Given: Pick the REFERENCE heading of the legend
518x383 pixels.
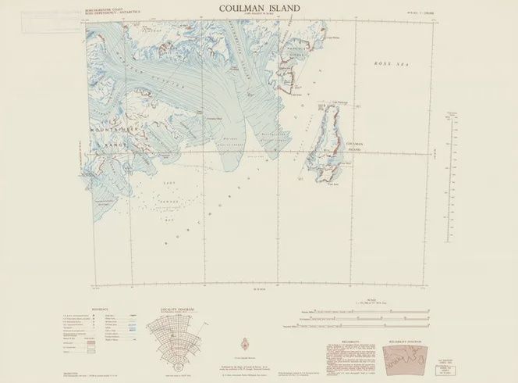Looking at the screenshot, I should coord(101,310).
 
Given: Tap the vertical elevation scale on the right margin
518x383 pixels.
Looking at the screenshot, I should coord(451,141).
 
